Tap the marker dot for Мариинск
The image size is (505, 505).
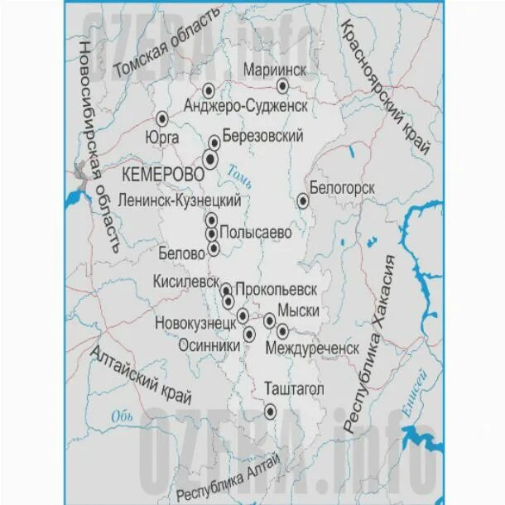point(282,86)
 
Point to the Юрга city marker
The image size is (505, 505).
point(163,118)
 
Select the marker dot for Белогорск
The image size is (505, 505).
point(303,200)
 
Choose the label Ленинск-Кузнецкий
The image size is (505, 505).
point(180,200)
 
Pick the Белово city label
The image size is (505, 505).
point(185,254)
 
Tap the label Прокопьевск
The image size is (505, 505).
point(277,290)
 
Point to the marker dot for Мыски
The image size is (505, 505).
point(270,320)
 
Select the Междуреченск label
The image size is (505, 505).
point(312,349)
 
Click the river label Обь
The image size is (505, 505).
point(123,417)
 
